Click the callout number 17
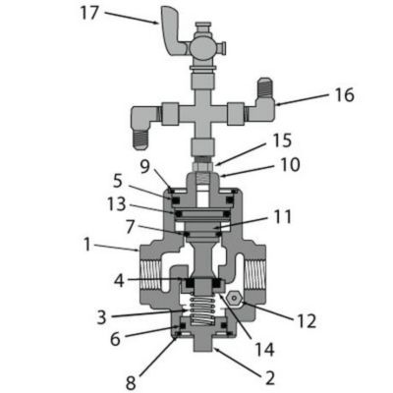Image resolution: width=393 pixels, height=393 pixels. [88, 13]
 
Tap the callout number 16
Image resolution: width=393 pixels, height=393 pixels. [343, 95]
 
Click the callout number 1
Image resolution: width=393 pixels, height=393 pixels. [88, 242]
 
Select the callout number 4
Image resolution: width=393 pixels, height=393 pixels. [118, 280]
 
